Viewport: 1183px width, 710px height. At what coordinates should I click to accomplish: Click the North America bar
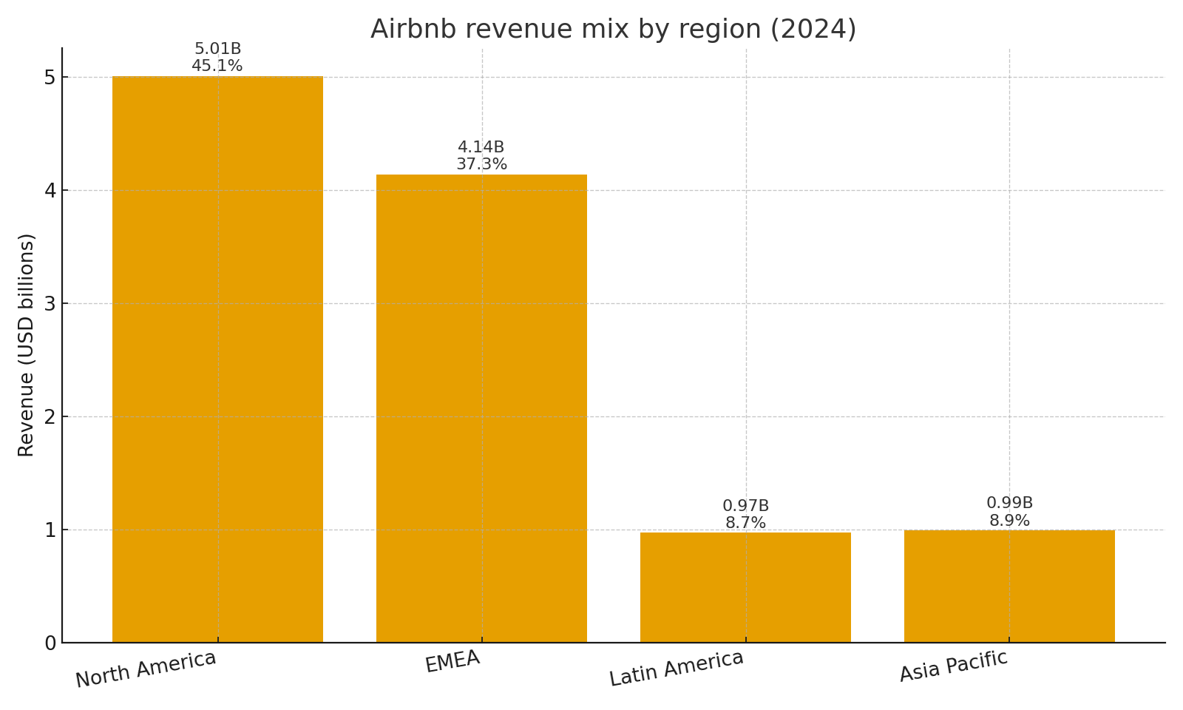(217, 359)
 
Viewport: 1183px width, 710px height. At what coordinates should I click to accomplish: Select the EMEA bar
(481, 408)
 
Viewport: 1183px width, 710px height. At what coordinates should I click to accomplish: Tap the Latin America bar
(745, 587)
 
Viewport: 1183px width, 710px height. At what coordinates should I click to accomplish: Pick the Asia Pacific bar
(1009, 586)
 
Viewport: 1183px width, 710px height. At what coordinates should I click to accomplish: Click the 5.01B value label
(217, 49)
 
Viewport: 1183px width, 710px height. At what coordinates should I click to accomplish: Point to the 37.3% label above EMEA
(481, 164)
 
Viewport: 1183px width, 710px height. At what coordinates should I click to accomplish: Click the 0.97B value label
(745, 506)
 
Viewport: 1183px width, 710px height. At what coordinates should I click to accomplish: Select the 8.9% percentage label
(1009, 521)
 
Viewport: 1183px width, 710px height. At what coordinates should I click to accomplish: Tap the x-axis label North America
(146, 669)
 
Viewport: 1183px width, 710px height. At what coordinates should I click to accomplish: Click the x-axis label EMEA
(452, 661)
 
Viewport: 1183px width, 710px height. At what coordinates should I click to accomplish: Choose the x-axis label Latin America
(676, 668)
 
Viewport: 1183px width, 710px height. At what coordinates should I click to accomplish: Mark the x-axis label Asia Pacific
(954, 666)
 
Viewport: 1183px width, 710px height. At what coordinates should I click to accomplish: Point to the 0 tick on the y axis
(50, 643)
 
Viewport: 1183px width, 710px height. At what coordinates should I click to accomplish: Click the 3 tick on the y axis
(50, 304)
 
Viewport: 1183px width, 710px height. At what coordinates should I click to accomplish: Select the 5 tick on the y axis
(50, 78)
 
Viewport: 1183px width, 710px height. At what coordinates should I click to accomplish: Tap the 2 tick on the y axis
(50, 417)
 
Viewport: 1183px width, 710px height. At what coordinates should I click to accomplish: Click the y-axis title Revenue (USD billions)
(27, 345)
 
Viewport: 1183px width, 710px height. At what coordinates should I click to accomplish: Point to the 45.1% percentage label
(217, 66)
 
